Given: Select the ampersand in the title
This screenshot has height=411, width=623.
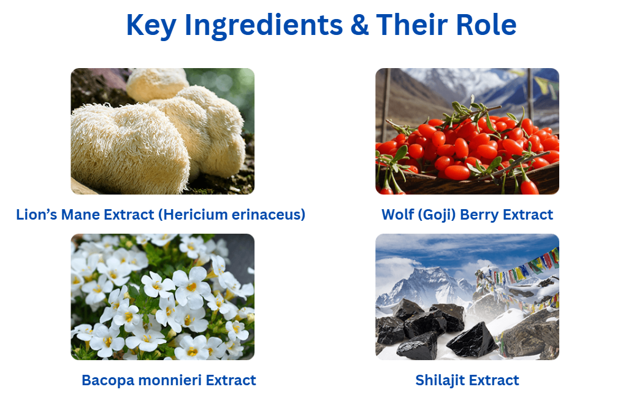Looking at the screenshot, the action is [359, 25].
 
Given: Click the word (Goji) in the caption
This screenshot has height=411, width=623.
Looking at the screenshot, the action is [437, 215].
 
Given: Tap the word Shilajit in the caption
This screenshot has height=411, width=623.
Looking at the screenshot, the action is [440, 380].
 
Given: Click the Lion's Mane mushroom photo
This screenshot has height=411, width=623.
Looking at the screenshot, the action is [162, 131].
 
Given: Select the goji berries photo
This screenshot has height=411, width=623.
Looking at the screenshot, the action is [467, 131].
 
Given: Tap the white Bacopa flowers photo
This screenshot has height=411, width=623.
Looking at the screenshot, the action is [162, 297].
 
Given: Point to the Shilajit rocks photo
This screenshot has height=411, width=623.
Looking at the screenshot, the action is [467, 297].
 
